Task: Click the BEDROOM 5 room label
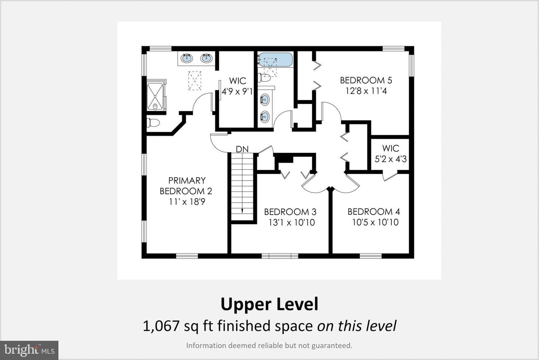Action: point(366,80)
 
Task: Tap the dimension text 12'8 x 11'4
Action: point(366,91)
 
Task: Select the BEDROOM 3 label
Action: point(290,212)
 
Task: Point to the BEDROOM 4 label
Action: point(374,212)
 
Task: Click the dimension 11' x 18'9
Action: point(187,202)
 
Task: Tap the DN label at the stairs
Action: point(242,149)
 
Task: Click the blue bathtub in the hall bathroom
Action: point(276,60)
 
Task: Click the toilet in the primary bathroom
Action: point(153,123)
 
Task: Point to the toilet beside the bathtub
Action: point(264,78)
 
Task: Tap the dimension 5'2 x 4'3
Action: point(390,159)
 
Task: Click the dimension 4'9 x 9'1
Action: point(237,91)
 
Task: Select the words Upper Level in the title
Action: point(269,305)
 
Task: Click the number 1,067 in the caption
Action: point(161,326)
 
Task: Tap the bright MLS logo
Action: point(29,350)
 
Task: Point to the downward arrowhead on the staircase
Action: point(242,211)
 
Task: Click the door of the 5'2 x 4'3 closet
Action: point(390,177)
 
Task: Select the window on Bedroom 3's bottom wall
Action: point(280,256)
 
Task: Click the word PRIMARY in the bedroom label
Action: point(187,180)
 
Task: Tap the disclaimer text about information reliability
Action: point(269,345)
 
